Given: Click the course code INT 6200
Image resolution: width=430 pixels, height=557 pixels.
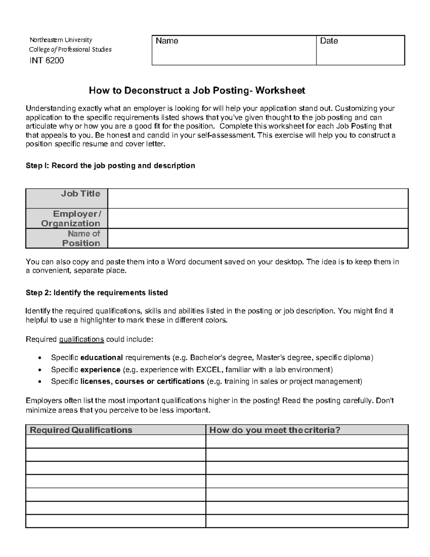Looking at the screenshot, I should (47, 60).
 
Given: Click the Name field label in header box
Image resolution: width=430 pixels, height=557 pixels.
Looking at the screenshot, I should (167, 41).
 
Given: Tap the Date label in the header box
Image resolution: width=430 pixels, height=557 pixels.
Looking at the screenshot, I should (329, 41).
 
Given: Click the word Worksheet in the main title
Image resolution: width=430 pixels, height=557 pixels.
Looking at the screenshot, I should (280, 90).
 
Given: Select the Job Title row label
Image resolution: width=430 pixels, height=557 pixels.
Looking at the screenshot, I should (80, 194).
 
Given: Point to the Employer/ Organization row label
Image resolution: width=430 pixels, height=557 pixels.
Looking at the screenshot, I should (71, 218).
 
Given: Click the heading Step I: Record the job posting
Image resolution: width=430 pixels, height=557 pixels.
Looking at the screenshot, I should (110, 166).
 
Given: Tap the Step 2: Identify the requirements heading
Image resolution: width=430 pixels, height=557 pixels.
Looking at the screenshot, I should (97, 293).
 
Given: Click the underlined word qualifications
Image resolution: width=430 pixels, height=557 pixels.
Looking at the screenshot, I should (81, 339).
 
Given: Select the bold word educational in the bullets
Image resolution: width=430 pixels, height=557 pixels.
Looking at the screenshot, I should (102, 358).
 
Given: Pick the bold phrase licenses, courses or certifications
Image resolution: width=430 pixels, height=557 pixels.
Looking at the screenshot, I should (142, 381).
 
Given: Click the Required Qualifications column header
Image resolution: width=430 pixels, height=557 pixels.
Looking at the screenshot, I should (81, 430).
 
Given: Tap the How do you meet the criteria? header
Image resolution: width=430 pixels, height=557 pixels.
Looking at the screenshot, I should (274, 430).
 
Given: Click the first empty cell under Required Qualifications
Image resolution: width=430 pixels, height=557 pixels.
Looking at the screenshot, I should (116, 442).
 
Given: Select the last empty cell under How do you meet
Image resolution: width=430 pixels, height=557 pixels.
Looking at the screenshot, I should (307, 521).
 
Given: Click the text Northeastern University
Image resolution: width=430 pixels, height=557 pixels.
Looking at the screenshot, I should (61, 40).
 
